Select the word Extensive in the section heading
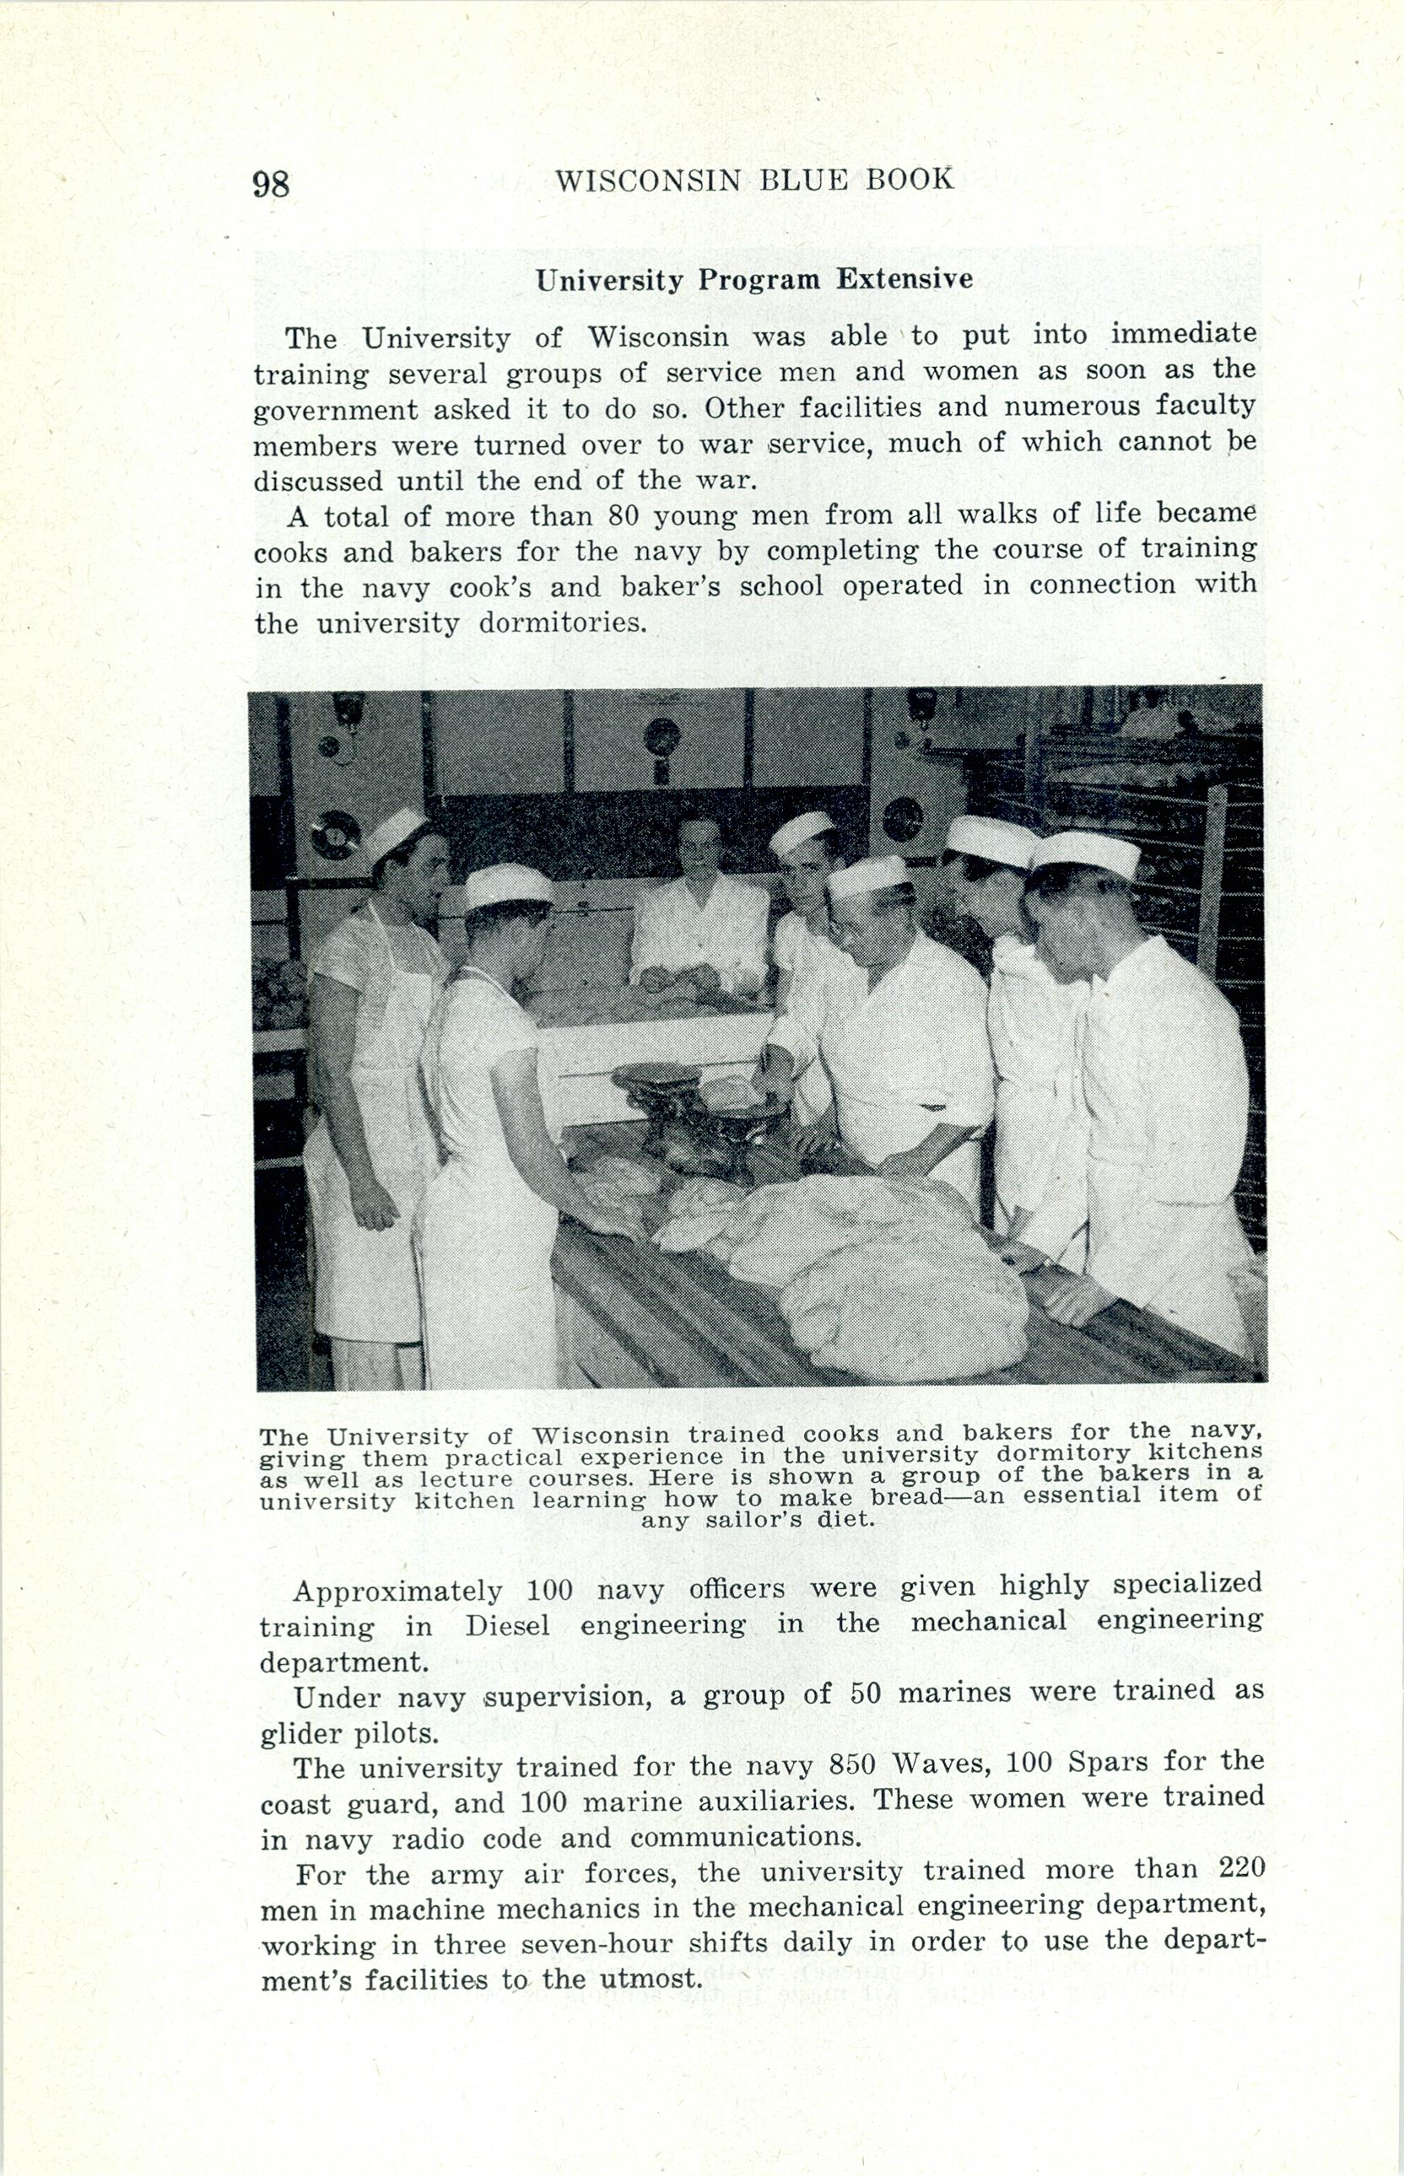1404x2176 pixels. click(x=904, y=279)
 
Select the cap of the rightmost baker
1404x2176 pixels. click(x=1086, y=854)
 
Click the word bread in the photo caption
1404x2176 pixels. click(x=903, y=1497)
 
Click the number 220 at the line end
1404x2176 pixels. click(x=1241, y=1869)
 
